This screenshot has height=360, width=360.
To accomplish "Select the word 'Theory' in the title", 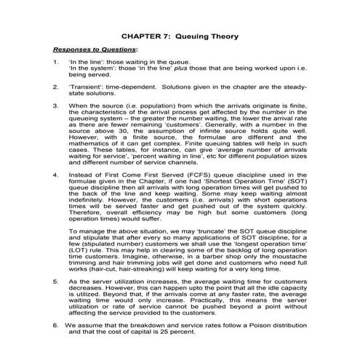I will click(x=223, y=35).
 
